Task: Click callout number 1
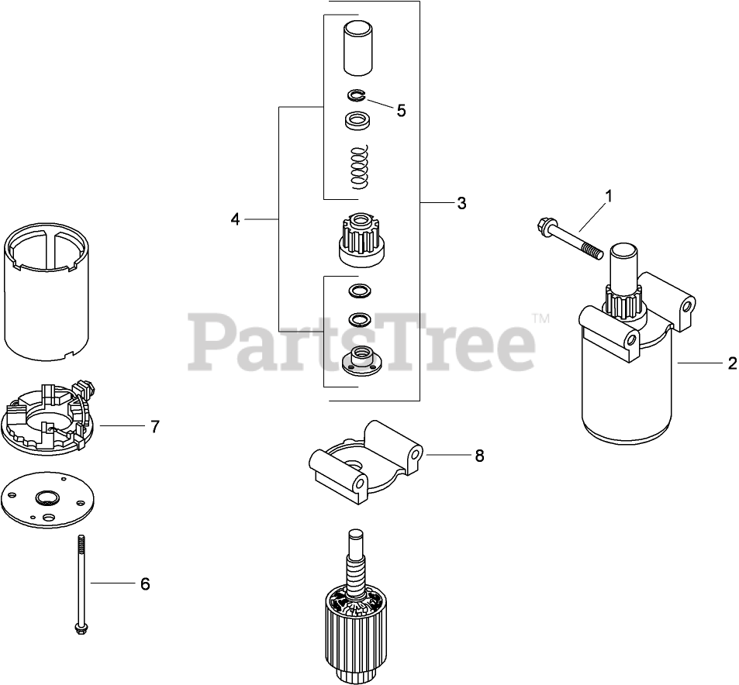point(609,196)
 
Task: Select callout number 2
point(732,363)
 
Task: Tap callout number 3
point(461,203)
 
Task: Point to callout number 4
point(235,219)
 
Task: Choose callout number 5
point(401,111)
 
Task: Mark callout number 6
point(145,583)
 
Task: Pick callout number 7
point(155,426)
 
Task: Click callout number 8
point(479,456)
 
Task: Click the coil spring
point(360,167)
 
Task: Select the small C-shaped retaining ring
point(356,95)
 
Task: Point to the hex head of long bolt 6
point(82,630)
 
